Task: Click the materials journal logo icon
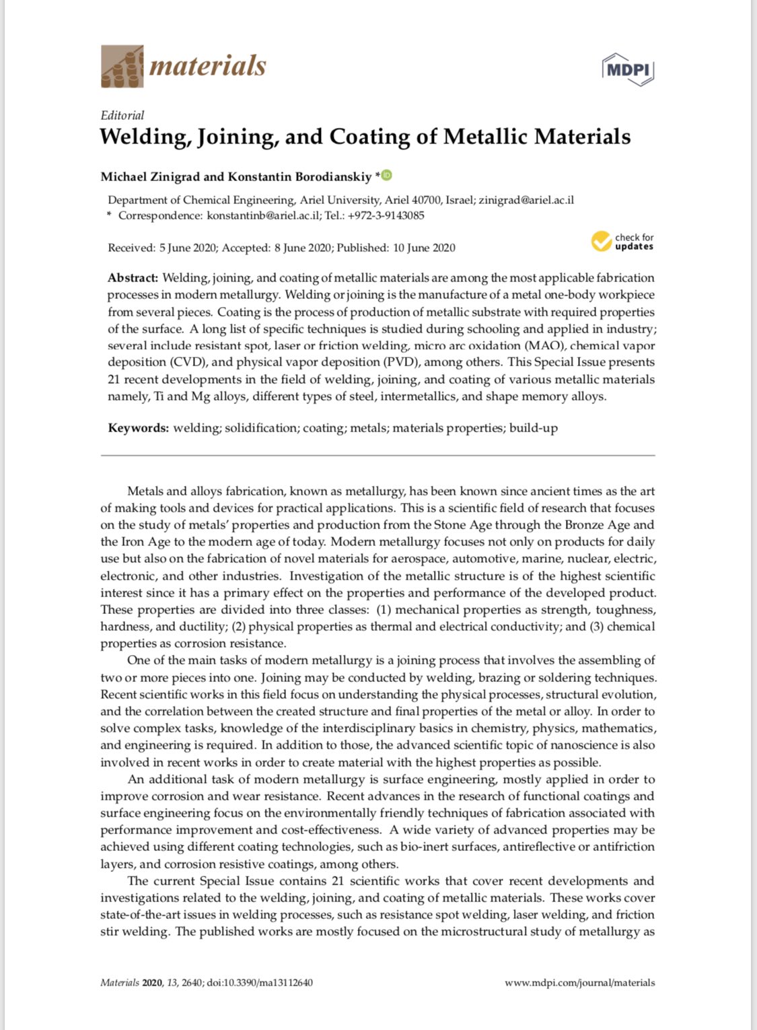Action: point(122,66)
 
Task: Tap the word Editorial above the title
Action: point(122,115)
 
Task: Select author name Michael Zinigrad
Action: point(150,177)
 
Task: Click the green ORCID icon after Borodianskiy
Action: point(387,176)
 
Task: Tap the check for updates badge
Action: point(622,242)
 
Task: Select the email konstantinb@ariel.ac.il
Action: point(263,215)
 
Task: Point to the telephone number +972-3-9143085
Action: point(386,215)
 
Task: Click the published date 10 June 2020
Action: point(424,248)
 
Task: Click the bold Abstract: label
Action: point(133,278)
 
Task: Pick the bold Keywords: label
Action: point(138,428)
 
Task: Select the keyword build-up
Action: point(533,428)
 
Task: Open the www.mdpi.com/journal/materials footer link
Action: point(579,982)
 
